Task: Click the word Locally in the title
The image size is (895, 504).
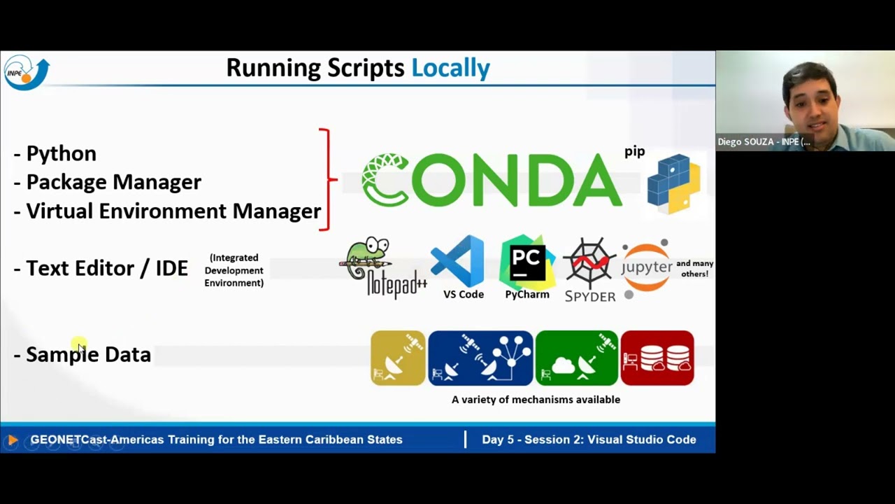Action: (x=450, y=68)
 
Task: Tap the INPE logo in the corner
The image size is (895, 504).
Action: (x=27, y=72)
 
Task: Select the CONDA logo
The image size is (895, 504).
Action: (x=492, y=181)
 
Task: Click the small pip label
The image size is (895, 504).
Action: (x=634, y=151)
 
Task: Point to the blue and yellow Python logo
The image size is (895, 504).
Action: (x=673, y=183)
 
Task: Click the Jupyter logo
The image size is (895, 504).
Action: (x=647, y=267)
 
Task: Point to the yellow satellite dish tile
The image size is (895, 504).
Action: (x=398, y=358)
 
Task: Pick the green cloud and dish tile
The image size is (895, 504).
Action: (x=576, y=358)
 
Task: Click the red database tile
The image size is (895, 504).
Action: (x=657, y=358)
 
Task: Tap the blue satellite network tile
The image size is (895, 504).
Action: (x=480, y=358)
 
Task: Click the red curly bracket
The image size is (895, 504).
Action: (x=327, y=180)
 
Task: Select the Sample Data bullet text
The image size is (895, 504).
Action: (x=88, y=354)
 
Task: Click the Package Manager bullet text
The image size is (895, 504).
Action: (x=113, y=182)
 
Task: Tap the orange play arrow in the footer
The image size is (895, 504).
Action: (x=12, y=440)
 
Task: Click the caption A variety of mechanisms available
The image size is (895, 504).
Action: (x=536, y=400)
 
